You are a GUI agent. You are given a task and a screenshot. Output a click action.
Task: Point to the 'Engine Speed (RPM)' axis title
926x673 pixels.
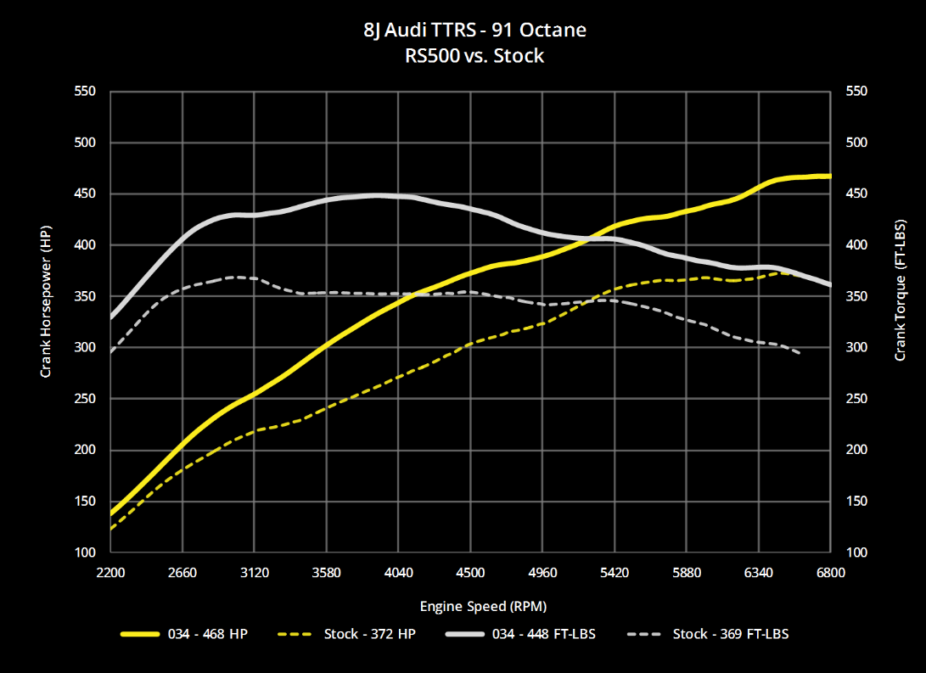pyautogui.click(x=483, y=606)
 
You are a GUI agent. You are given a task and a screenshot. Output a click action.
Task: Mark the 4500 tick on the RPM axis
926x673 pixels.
pyautogui.click(x=471, y=573)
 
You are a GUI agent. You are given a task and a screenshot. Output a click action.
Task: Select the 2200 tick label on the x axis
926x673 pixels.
pyautogui.click(x=111, y=573)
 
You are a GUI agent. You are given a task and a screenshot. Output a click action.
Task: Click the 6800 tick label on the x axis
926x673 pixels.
pyautogui.click(x=831, y=573)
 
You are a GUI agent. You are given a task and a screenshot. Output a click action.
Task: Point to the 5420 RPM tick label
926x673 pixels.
pyautogui.click(x=615, y=573)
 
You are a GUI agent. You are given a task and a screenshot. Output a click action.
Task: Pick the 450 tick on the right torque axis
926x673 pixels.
pyautogui.click(x=856, y=194)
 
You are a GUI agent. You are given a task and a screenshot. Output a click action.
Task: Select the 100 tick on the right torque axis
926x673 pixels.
pyautogui.click(x=856, y=552)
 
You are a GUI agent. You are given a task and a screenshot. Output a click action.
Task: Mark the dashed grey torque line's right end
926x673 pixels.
pyautogui.click(x=800, y=353)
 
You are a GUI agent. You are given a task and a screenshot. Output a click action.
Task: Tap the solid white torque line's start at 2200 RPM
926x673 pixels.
pyautogui.click(x=112, y=317)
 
